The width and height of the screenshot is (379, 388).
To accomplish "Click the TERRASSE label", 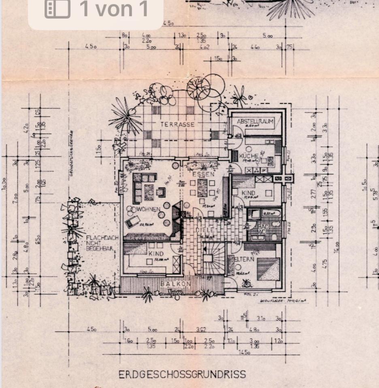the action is (x=177, y=124).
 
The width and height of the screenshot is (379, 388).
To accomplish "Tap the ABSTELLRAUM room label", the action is (x=256, y=121).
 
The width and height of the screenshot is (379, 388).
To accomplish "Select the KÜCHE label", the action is (x=246, y=156).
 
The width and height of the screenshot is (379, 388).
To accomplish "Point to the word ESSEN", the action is (x=200, y=175).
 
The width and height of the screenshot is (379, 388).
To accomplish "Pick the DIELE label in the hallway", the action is (x=205, y=230).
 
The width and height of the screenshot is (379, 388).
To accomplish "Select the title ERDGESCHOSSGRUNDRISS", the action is (x=182, y=374).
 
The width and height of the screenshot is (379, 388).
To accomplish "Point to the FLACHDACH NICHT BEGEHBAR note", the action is (x=102, y=243).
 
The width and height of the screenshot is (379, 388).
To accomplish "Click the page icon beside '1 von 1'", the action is (x=57, y=9).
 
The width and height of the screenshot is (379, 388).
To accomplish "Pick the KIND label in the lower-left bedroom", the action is (x=155, y=253).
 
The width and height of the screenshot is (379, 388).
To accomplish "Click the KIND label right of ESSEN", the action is (x=248, y=193).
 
